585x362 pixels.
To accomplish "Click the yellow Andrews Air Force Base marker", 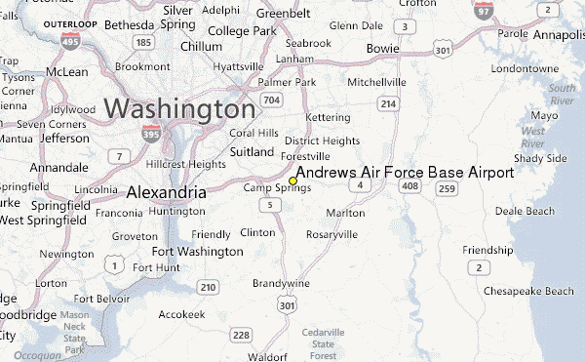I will [x=293, y=181].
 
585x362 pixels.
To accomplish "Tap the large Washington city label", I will [x=180, y=108].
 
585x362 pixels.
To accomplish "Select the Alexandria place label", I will [x=166, y=193].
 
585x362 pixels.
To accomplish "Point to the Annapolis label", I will [x=555, y=35].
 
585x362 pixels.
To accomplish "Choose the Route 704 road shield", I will [x=273, y=100].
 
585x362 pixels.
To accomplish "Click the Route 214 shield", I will [x=388, y=103].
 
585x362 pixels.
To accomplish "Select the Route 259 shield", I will [x=447, y=185].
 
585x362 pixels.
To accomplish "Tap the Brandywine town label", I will [x=281, y=282].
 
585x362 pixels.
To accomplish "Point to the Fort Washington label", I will [x=197, y=252].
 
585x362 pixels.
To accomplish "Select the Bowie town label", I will [x=383, y=48].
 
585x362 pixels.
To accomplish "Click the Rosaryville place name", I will [x=331, y=235].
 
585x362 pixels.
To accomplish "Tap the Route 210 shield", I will [x=207, y=287].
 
